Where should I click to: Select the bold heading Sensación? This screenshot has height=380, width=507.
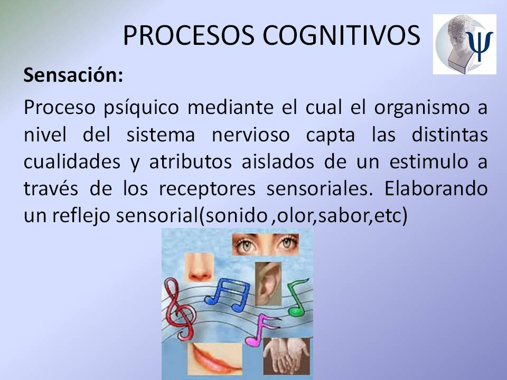click(x=73, y=75)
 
